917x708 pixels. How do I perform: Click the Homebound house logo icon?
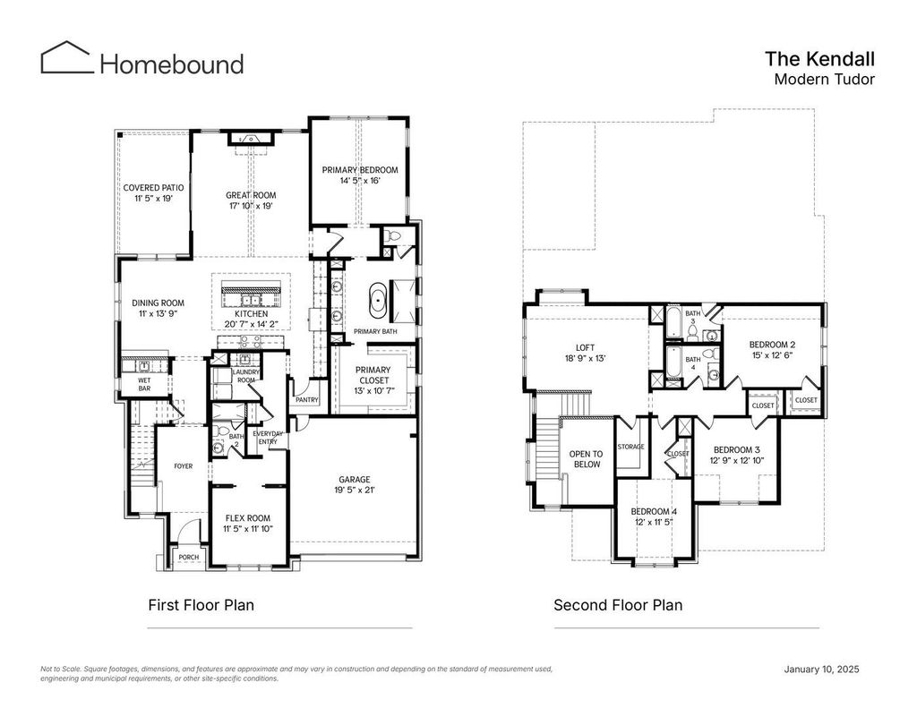click(x=66, y=57)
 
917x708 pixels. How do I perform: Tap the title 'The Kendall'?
click(x=820, y=59)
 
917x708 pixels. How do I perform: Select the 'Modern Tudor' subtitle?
click(x=825, y=79)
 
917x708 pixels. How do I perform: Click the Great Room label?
click(x=251, y=195)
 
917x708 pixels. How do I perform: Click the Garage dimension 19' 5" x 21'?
click(x=355, y=490)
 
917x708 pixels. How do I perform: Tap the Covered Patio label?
click(x=153, y=188)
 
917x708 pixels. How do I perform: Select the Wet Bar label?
click(x=144, y=384)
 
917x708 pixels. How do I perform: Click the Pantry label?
click(x=307, y=400)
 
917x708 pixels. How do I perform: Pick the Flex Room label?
click(x=248, y=518)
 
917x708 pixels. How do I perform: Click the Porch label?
click(x=188, y=557)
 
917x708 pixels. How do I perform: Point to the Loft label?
click(x=586, y=348)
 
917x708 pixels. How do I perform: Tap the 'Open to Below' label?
click(x=586, y=459)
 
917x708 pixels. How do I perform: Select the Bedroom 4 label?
click(x=654, y=512)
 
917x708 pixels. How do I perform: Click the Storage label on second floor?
click(x=630, y=447)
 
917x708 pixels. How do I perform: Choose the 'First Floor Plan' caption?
click(x=201, y=604)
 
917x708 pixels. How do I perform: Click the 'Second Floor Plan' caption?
click(x=618, y=604)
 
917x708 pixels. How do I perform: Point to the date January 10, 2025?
click(x=822, y=669)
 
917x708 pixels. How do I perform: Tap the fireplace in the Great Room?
click(x=251, y=139)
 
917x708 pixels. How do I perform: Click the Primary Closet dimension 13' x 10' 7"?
click(x=373, y=390)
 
